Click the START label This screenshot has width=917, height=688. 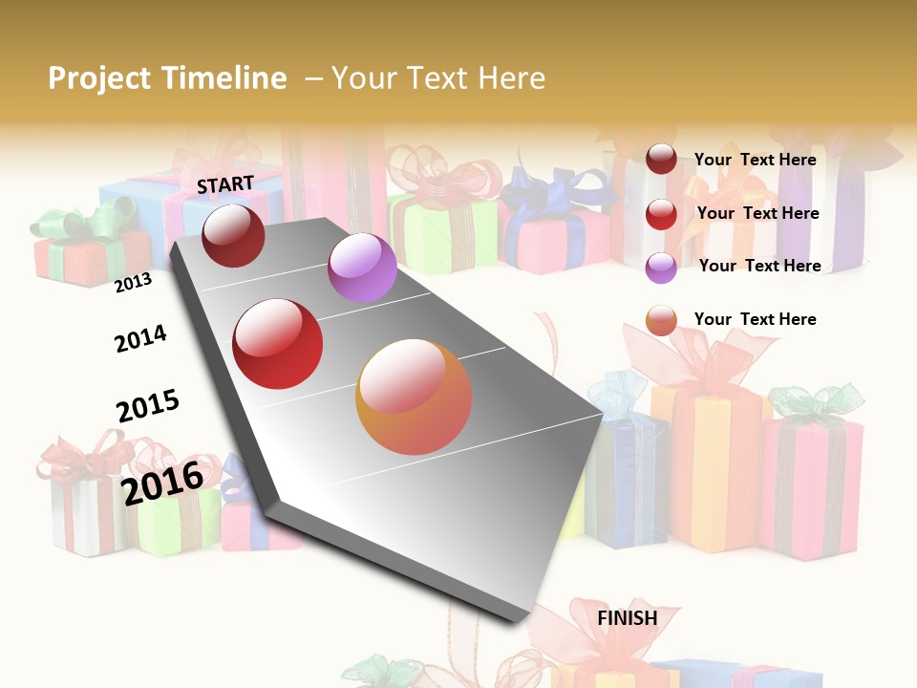[225, 184]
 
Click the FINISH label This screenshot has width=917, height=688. [627, 618]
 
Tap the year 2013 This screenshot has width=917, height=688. [133, 283]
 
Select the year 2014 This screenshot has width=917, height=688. [140, 338]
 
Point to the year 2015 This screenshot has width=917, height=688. [148, 406]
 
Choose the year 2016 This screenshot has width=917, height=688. [162, 483]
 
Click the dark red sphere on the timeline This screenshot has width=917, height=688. [233, 235]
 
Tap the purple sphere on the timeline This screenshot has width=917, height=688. [362, 268]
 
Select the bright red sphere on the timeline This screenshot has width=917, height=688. [277, 343]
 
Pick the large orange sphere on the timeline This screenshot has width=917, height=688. [414, 397]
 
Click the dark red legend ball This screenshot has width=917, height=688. [661, 160]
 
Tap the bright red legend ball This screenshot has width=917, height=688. [661, 214]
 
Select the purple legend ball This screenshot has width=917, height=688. [661, 268]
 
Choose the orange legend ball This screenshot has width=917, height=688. [661, 321]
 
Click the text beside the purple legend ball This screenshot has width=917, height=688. [759, 266]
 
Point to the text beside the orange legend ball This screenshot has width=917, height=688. [755, 319]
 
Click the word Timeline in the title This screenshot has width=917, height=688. [224, 78]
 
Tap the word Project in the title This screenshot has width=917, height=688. [99, 78]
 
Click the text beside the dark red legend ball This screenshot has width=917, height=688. [755, 160]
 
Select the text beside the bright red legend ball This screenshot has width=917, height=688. [757, 213]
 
